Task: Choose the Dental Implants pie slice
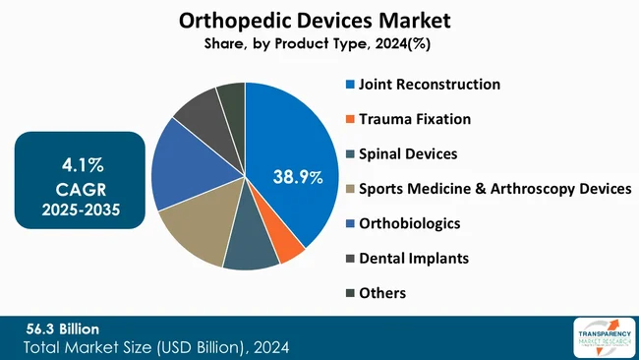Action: pos(202,116)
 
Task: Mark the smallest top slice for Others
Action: pos(232,98)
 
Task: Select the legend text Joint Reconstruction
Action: pos(429,85)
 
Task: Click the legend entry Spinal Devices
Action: pos(407,154)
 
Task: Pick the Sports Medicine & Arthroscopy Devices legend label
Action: pos(494,189)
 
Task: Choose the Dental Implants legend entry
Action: pos(413,258)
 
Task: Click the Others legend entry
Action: pos(382,292)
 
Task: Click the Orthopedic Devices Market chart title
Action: pos(319,21)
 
